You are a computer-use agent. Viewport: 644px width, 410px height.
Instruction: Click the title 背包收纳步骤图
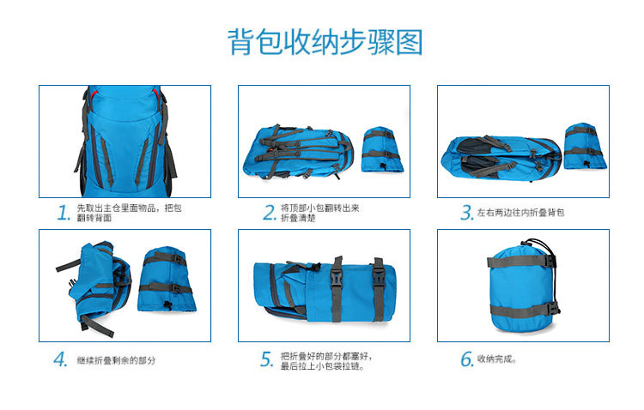[x=325, y=41]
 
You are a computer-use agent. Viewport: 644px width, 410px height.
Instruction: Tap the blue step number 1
[x=63, y=213]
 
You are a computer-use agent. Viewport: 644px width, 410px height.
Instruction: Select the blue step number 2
[x=269, y=213]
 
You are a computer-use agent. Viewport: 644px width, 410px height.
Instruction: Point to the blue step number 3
[x=467, y=213]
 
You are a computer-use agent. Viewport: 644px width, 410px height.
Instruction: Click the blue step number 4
[x=61, y=359]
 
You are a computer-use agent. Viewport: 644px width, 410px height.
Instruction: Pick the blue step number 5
[x=267, y=359]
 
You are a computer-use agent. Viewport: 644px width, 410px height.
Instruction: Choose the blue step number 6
[x=467, y=359]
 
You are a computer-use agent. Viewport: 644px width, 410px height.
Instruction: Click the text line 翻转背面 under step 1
[x=94, y=219]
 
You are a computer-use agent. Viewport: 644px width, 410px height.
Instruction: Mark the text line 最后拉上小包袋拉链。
[x=322, y=366]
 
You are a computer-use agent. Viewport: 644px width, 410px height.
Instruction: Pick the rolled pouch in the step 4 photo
[x=167, y=280]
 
